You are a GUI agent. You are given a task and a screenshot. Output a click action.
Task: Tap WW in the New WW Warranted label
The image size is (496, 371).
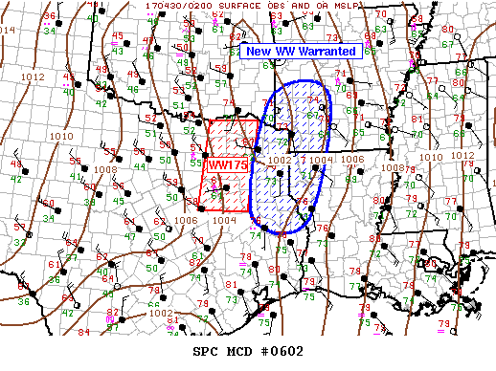tap(282, 52)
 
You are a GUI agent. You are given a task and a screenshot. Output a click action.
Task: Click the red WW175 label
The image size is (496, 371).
tap(227, 165)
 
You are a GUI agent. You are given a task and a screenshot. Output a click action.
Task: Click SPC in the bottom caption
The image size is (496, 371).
tap(206, 351)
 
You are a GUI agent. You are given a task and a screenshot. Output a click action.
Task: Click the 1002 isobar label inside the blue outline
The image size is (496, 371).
tap(280, 160)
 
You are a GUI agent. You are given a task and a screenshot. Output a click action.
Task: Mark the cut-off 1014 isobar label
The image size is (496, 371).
tap(8, 31)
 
